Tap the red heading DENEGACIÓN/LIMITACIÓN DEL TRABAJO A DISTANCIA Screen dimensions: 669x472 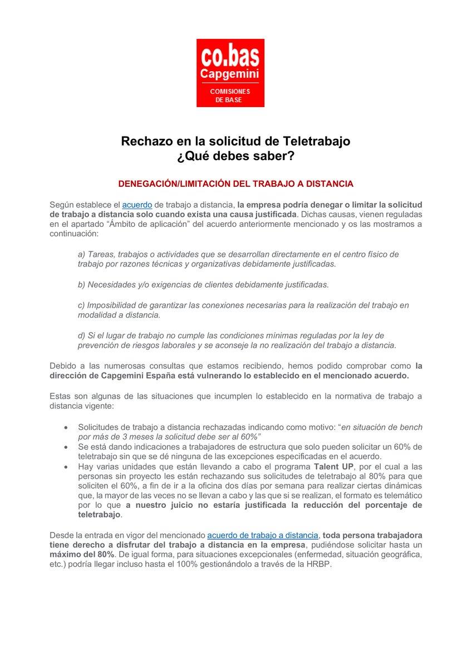(235, 183)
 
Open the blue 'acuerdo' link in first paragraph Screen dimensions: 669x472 (137, 205)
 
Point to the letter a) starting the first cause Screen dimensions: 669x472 (81, 254)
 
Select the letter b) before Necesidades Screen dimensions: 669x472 (81, 284)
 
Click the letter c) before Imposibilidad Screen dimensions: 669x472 (81, 306)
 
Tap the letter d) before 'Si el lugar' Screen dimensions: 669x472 (81, 336)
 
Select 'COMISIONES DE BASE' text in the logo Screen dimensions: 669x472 (230, 95)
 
